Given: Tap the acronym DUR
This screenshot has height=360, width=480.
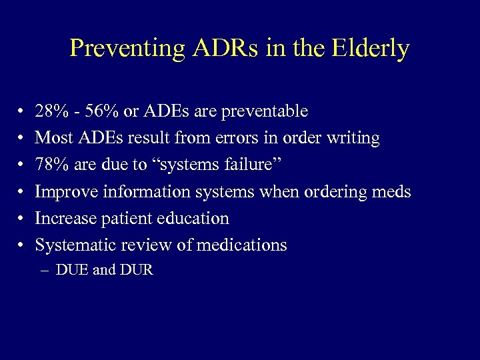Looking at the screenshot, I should (x=137, y=271).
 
